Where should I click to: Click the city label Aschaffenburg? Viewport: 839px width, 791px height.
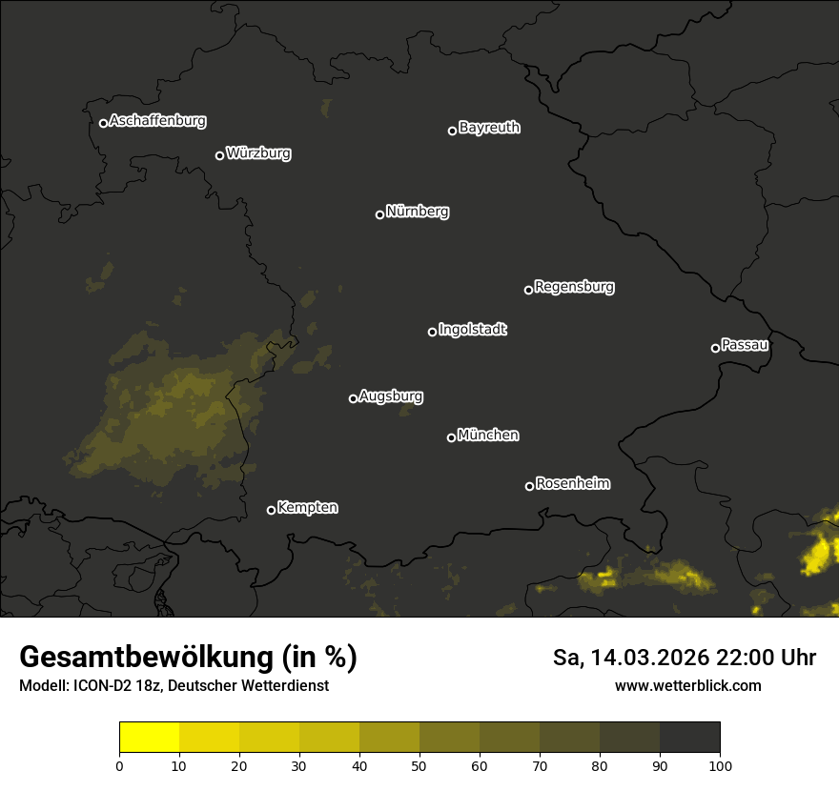coord(157,121)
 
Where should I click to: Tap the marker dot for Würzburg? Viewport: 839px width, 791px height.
coord(219,155)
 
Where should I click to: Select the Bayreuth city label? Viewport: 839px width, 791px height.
coord(489,128)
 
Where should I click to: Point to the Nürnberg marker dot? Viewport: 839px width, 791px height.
coord(379,214)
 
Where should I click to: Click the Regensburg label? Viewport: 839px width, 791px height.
coord(574,286)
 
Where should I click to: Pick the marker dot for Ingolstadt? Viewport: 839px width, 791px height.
coord(432,332)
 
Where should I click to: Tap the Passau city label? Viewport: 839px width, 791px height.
coord(745,345)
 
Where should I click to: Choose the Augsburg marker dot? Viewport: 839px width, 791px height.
coord(353,398)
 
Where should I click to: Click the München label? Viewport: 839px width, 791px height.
coord(488,436)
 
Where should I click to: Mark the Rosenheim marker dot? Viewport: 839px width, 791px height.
coord(529,487)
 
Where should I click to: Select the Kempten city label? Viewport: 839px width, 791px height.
coord(307,508)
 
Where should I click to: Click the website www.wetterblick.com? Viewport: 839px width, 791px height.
coord(687,686)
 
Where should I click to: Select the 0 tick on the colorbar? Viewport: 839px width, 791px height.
coord(119,765)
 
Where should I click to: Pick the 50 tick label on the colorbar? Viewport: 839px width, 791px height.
coord(419,765)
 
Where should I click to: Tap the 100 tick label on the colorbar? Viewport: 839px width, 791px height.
coord(720,765)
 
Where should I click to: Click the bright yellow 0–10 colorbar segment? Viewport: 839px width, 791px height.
coord(149,738)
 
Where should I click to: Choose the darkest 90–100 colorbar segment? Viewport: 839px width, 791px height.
coord(689,738)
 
